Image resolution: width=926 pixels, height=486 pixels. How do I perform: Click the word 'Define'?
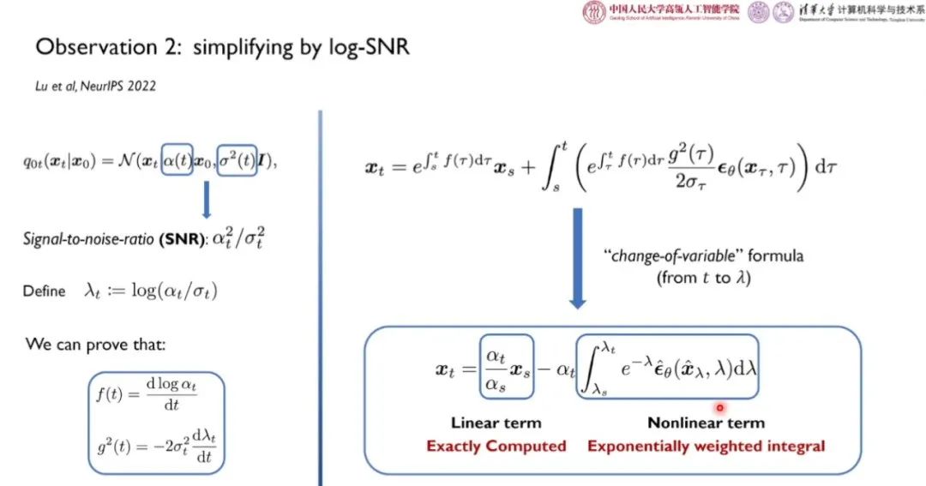pyautogui.click(x=44, y=291)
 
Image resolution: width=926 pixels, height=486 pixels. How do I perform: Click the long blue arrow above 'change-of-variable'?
pyautogui.click(x=577, y=261)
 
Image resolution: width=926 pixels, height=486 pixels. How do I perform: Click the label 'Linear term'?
pyautogui.click(x=496, y=423)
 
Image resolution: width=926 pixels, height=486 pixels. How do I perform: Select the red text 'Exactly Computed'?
pyautogui.click(x=496, y=446)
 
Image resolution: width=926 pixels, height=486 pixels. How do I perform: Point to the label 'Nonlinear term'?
pyautogui.click(x=706, y=423)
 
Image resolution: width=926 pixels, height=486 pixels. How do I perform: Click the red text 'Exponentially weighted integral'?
pyautogui.click(x=706, y=446)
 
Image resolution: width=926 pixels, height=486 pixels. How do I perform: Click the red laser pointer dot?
pyautogui.click(x=719, y=408)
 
